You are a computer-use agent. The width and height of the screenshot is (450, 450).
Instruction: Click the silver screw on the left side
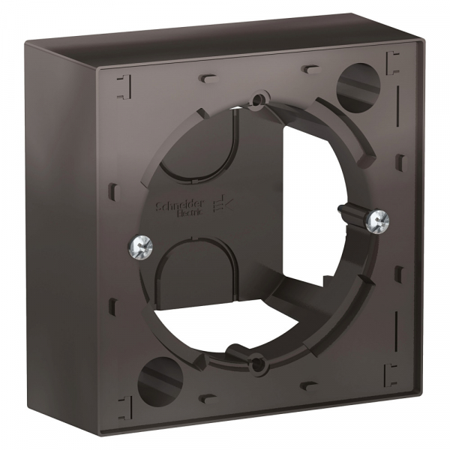140,244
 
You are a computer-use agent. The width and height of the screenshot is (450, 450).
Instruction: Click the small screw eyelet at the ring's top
260,97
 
